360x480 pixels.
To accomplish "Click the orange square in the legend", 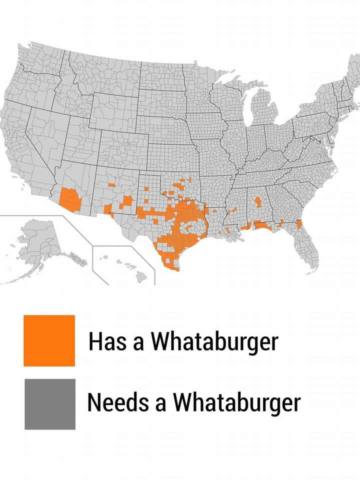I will click(x=49, y=340).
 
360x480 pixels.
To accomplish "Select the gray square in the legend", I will click(x=50, y=404).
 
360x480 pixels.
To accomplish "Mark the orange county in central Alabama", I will click(x=258, y=202).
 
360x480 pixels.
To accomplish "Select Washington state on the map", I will click(x=35, y=60).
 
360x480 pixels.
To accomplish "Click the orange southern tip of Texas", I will click(x=172, y=265).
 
